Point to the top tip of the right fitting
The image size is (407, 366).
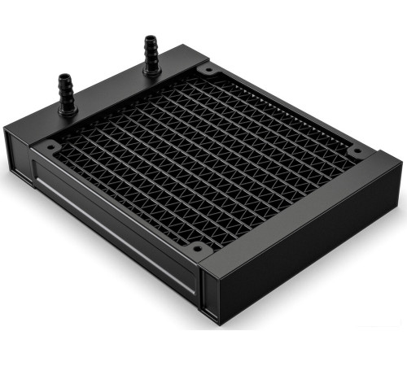point(149,37)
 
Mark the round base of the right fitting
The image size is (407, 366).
point(151,70)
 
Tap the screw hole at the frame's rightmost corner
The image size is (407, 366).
point(356,151)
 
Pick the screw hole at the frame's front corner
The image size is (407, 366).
point(196,247)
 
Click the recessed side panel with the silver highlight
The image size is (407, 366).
point(114,232)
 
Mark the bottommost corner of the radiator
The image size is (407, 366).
point(213,325)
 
